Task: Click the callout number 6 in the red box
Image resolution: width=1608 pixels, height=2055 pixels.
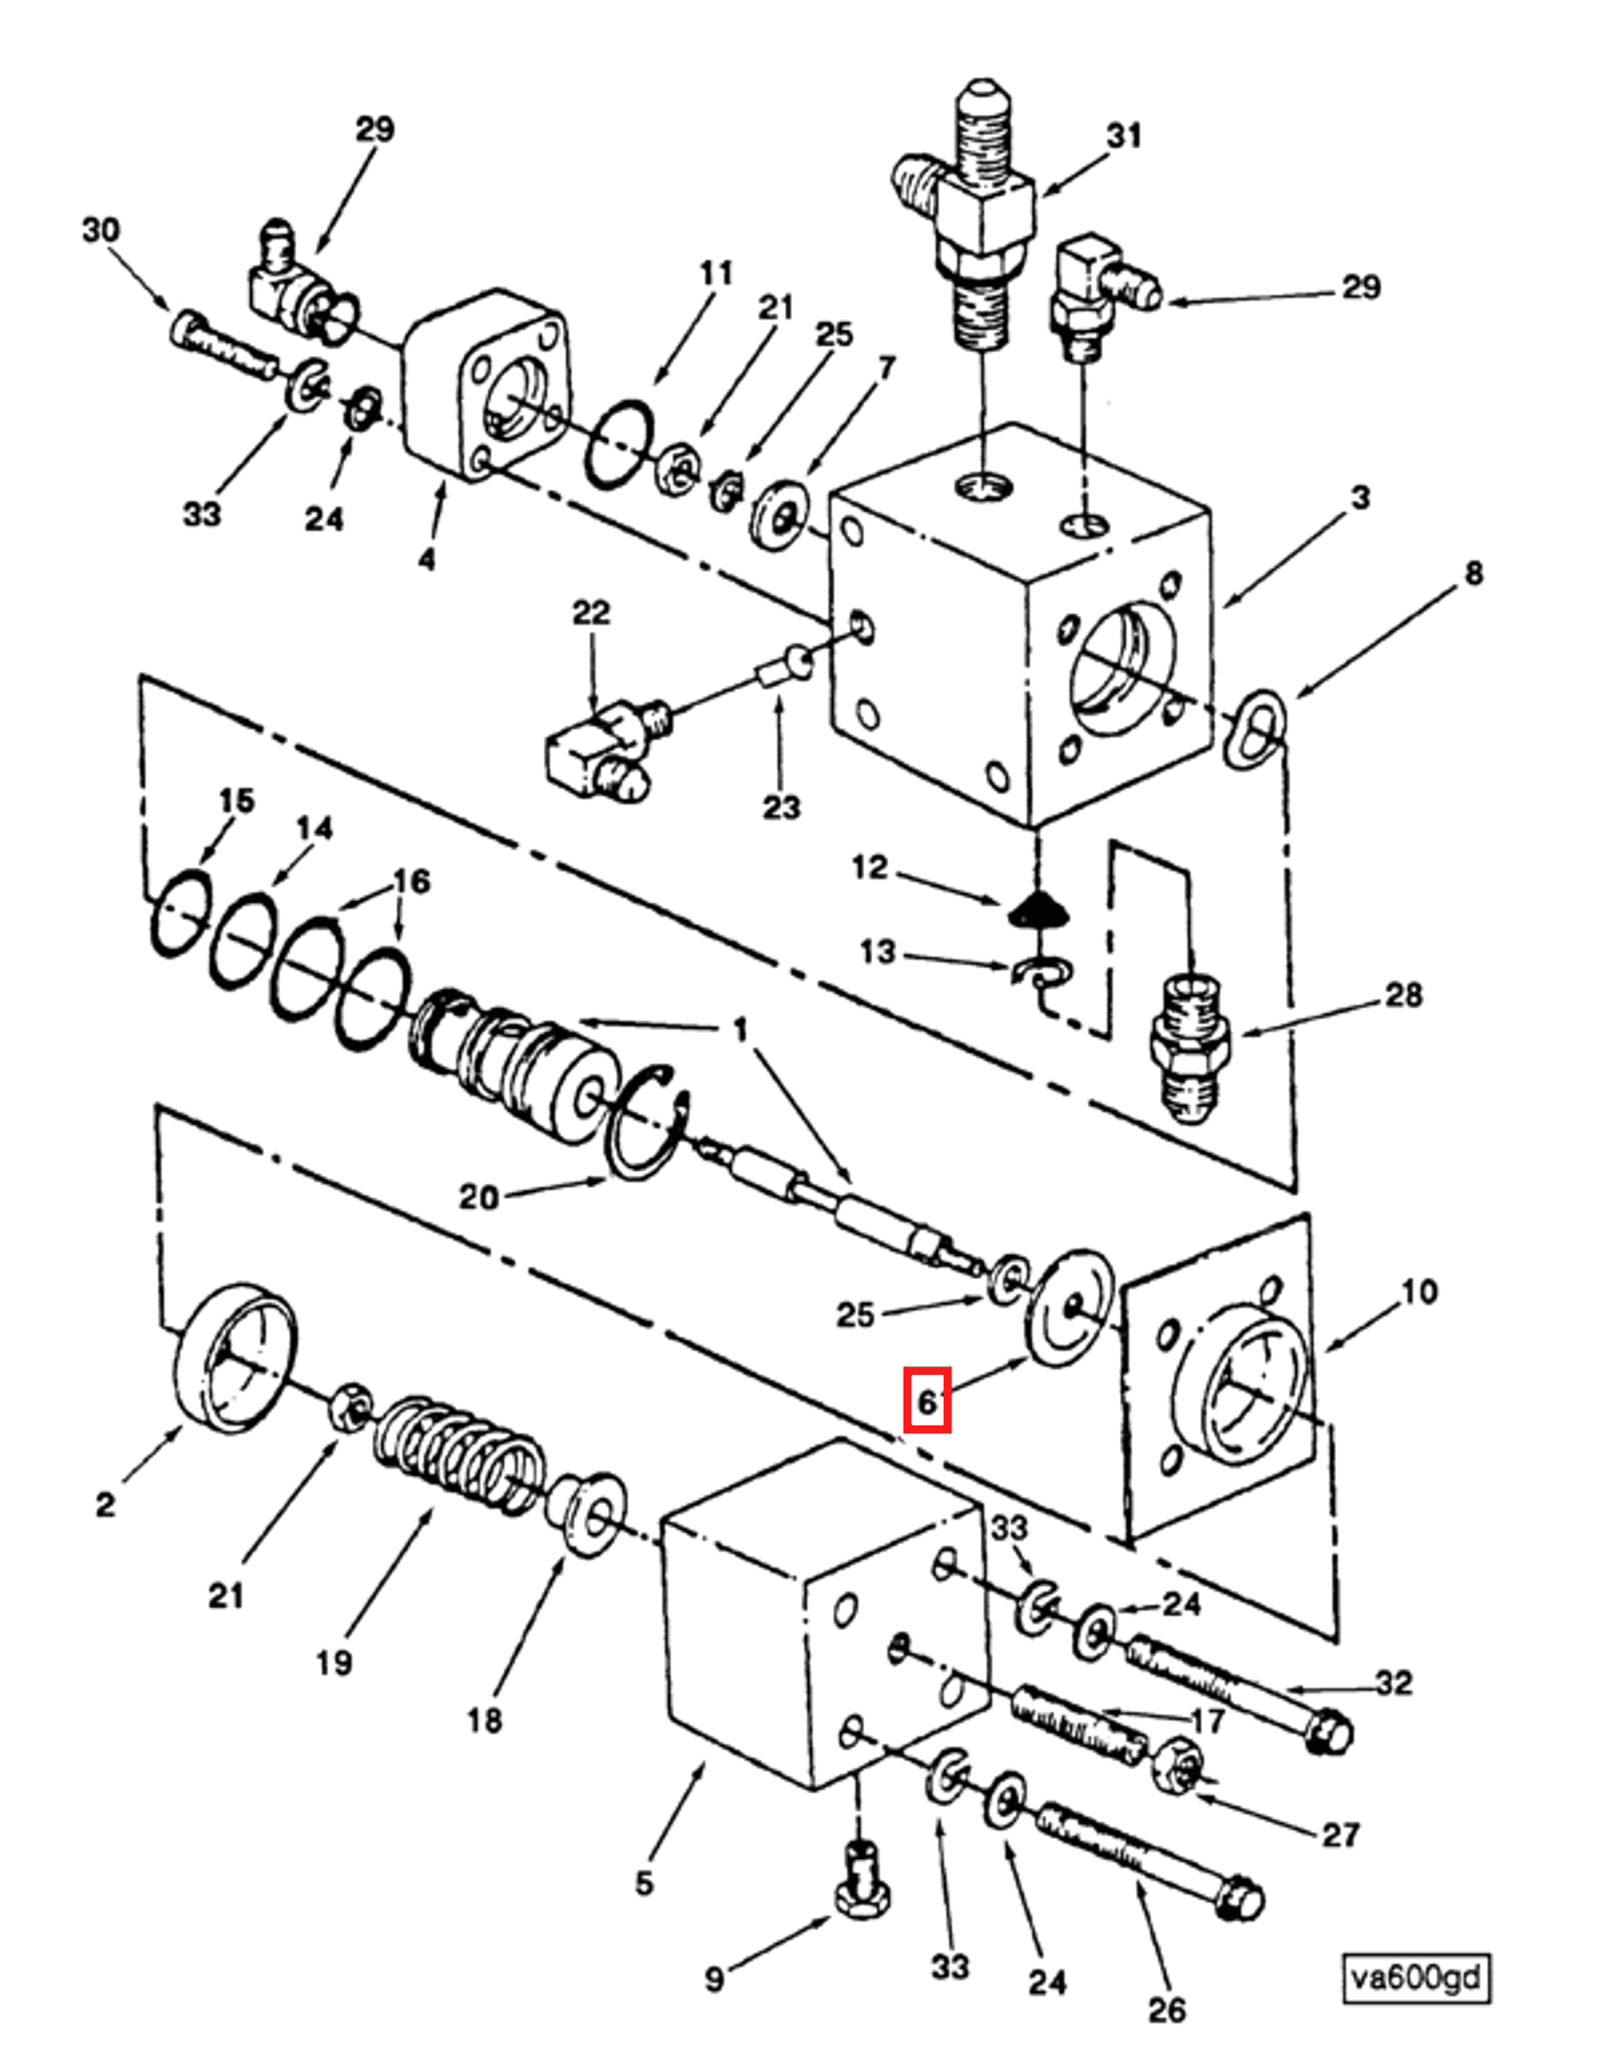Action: tap(927, 1401)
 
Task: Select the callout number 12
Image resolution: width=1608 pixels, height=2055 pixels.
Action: tap(869, 868)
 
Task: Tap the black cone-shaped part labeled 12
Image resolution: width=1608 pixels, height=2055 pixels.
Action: tap(1036, 912)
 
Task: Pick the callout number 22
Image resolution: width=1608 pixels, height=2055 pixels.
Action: tap(591, 612)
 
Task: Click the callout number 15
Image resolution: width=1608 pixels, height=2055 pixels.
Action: tap(236, 800)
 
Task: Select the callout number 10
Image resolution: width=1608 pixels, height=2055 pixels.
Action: tap(1418, 1292)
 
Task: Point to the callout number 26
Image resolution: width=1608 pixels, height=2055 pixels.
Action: tap(1166, 2009)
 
